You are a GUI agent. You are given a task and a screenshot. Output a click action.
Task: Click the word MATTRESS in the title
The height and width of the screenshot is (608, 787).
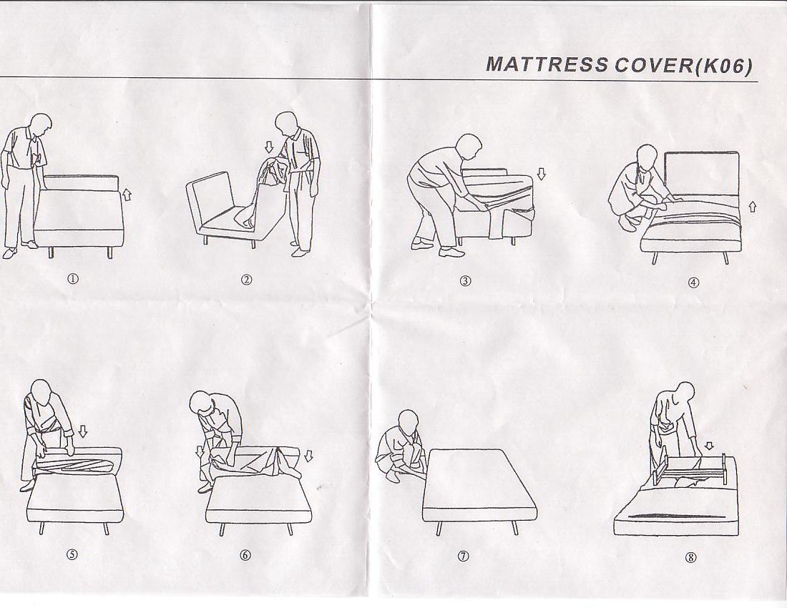(547, 64)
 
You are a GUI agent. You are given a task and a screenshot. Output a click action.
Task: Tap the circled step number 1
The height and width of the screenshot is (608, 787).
(73, 280)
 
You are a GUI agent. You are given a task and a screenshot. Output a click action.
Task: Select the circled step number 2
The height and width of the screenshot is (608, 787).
(246, 280)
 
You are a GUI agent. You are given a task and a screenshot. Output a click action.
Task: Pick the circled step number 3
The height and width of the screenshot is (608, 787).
(465, 281)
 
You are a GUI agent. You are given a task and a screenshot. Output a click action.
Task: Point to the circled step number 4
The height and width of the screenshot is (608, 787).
(693, 283)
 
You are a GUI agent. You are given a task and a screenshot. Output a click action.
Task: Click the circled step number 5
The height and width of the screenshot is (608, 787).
(73, 554)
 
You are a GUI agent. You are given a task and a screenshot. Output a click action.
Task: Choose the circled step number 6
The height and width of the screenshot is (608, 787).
(245, 555)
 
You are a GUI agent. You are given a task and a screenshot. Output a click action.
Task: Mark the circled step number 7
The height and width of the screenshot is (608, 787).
(464, 556)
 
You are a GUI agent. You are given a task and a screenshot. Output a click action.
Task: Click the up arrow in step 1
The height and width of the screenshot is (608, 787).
(127, 194)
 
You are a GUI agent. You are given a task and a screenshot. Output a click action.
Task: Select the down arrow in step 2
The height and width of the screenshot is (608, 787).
(269, 147)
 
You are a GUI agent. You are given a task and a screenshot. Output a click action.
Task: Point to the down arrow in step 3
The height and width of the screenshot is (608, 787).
(541, 174)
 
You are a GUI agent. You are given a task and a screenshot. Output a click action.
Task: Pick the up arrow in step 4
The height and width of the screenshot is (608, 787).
(752, 206)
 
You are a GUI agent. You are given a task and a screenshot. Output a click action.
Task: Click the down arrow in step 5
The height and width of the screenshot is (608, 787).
(83, 431)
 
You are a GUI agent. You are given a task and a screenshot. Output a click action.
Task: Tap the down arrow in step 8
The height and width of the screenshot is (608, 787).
(709, 446)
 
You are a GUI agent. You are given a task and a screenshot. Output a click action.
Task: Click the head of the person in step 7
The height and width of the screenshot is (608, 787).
(408, 421)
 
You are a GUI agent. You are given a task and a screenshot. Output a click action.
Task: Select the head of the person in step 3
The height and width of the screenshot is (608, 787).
(469, 146)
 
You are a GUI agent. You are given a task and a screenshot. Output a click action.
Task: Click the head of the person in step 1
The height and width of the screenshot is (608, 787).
(41, 125)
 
